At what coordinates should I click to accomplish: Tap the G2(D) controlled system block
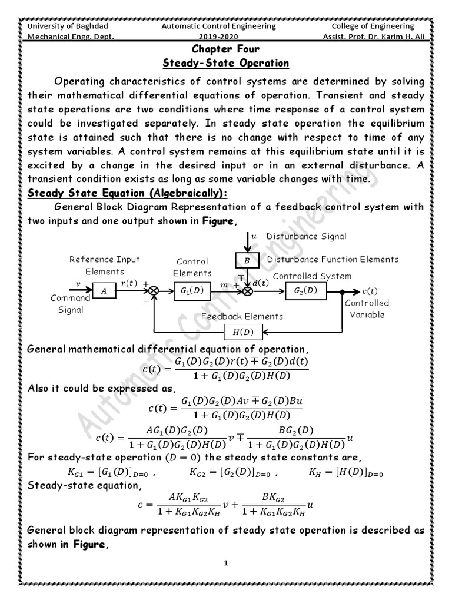[x=304, y=290]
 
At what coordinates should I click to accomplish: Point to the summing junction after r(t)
[x=155, y=291]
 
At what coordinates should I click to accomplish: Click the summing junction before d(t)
[x=247, y=291]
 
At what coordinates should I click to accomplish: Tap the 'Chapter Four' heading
[x=225, y=49]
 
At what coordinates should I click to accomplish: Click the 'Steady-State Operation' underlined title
[x=225, y=63]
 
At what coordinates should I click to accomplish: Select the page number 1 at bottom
[x=226, y=564]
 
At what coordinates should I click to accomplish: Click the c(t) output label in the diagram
[x=370, y=290]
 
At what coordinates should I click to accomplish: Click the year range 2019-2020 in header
[x=227, y=37]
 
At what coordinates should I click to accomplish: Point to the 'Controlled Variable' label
[x=367, y=309]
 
